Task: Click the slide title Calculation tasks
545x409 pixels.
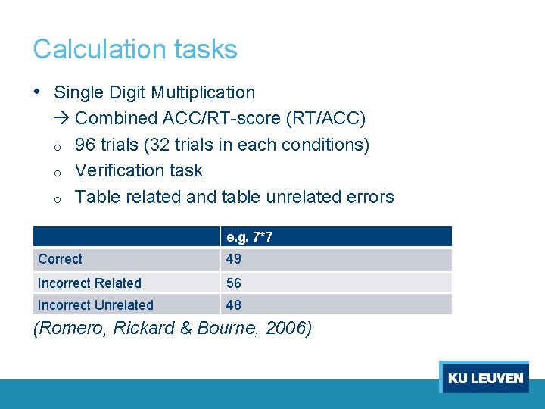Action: (135, 49)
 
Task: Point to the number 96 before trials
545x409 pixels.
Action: (86, 145)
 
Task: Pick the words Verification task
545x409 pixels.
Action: (139, 170)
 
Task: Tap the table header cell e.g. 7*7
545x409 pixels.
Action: (249, 237)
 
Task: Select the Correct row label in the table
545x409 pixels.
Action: (60, 259)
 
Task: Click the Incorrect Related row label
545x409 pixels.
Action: (89, 283)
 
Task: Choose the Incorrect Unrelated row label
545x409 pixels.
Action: (95, 305)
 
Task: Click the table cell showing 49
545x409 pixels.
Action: (233, 259)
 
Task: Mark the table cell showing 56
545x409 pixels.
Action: (233, 283)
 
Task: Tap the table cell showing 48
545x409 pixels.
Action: (233, 305)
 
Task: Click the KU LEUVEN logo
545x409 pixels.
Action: (484, 377)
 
